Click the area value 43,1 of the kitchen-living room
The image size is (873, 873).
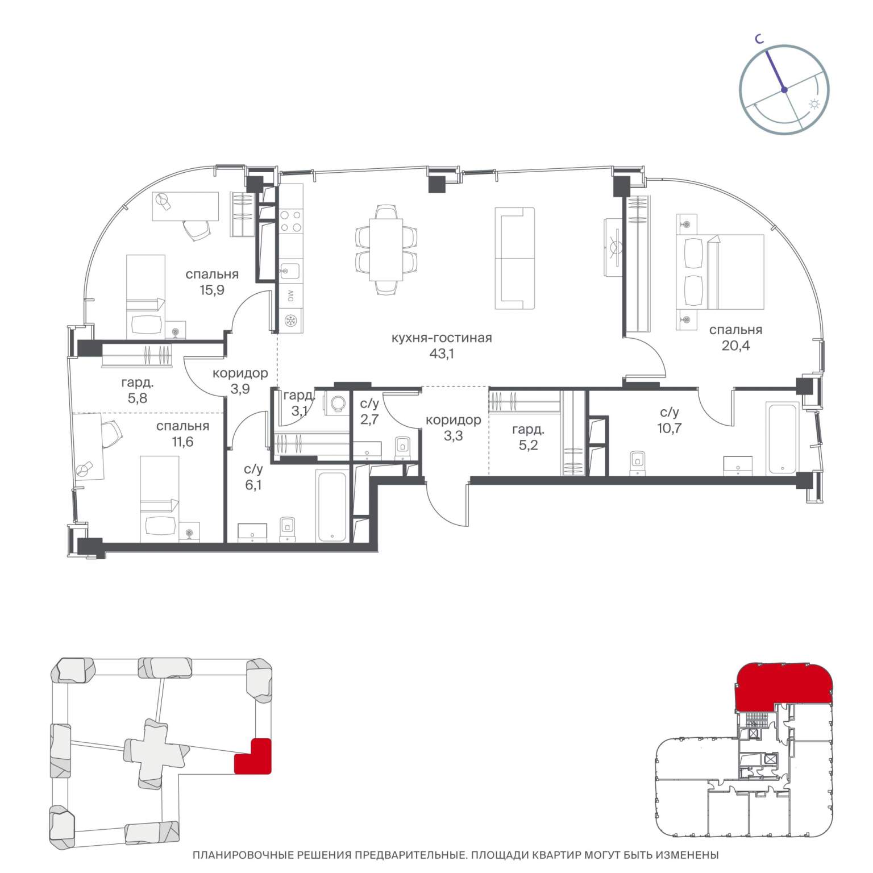[x=442, y=354]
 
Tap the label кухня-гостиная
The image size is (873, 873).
[x=442, y=338]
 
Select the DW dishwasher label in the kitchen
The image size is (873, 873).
[x=291, y=296]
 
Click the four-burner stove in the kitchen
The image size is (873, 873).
[x=291, y=221]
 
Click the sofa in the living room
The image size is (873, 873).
[x=515, y=258]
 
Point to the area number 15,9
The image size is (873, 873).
[x=212, y=290]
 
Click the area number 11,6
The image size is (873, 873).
[x=182, y=441]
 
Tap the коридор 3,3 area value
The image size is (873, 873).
[x=453, y=436]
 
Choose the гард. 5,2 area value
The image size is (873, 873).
[x=528, y=445]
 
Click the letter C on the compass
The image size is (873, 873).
[x=759, y=39]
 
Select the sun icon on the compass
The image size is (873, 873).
[x=814, y=104]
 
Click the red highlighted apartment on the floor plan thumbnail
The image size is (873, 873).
[x=784, y=687]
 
